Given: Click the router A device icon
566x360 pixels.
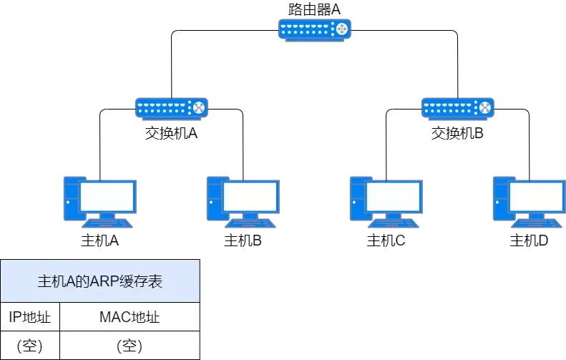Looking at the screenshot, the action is coord(315,30).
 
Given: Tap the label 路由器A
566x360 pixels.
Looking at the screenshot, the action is coord(314,9).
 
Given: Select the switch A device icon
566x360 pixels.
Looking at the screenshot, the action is coord(172,109).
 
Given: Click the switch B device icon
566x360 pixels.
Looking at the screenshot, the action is coord(458,109).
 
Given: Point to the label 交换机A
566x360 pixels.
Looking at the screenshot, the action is coord(171,133).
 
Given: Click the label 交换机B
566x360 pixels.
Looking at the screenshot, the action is coord(457,133).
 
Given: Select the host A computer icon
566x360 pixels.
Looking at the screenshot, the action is coord(100,203).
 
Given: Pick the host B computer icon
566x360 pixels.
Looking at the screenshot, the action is coord(243,203).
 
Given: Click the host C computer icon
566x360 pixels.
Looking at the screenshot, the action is coord(386,203).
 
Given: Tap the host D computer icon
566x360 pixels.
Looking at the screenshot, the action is coord(530,203).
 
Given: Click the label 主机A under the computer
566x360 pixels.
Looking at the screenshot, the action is coord(99,240).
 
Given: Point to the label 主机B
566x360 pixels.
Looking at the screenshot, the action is coord(243,240).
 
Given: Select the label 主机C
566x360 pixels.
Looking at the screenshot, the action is coord(386,240).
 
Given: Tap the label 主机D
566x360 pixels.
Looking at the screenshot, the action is coord(529,240).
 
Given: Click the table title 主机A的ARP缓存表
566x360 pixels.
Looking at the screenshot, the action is coord(100,281).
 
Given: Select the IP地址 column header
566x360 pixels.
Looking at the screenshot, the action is coord(29,317).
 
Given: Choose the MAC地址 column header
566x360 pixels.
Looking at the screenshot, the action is coord(130,317).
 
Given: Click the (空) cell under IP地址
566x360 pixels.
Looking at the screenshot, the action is coord(29,346).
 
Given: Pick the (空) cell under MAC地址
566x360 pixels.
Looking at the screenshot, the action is coord(130,346).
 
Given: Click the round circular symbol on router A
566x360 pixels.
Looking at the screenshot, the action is coord(341,29).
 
